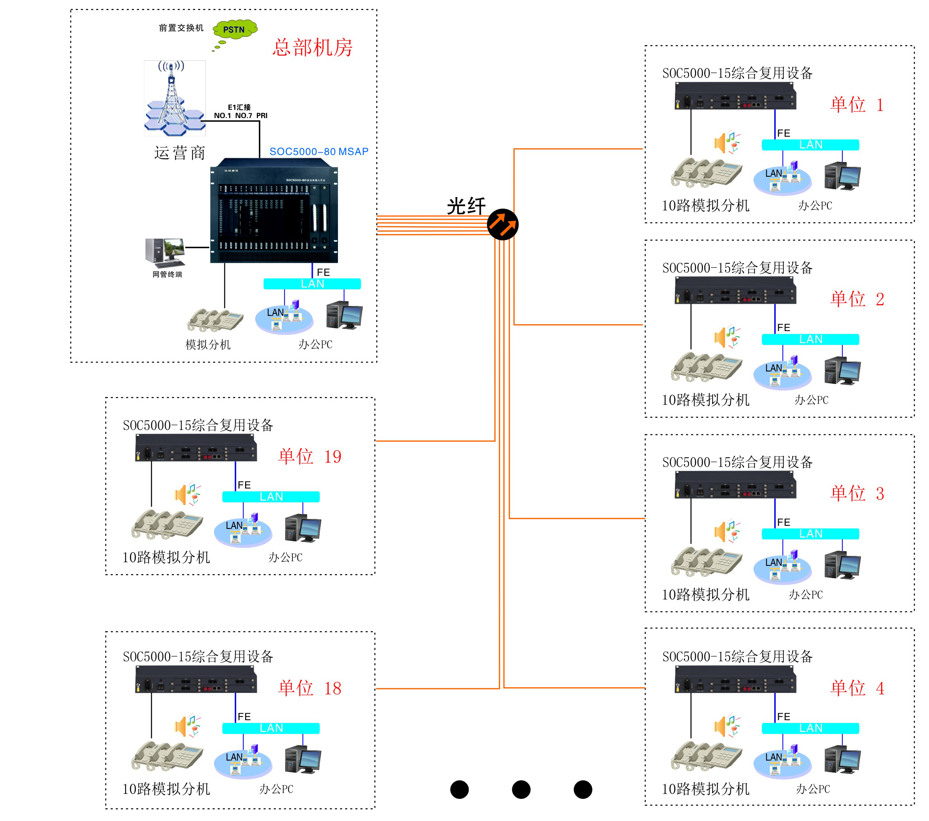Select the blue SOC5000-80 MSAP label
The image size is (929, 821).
[319, 151]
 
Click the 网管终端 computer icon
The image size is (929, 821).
[165, 252]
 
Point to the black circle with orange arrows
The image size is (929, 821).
[502, 224]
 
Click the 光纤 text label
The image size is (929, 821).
[466, 206]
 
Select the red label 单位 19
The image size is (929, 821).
[310, 456]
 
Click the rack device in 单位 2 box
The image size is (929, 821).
[735, 290]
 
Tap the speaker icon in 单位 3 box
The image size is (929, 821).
[726, 531]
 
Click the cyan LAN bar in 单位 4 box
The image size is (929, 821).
[810, 728]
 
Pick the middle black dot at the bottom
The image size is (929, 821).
[521, 789]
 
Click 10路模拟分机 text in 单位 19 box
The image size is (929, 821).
[166, 557]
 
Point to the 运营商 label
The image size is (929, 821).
[180, 153]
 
